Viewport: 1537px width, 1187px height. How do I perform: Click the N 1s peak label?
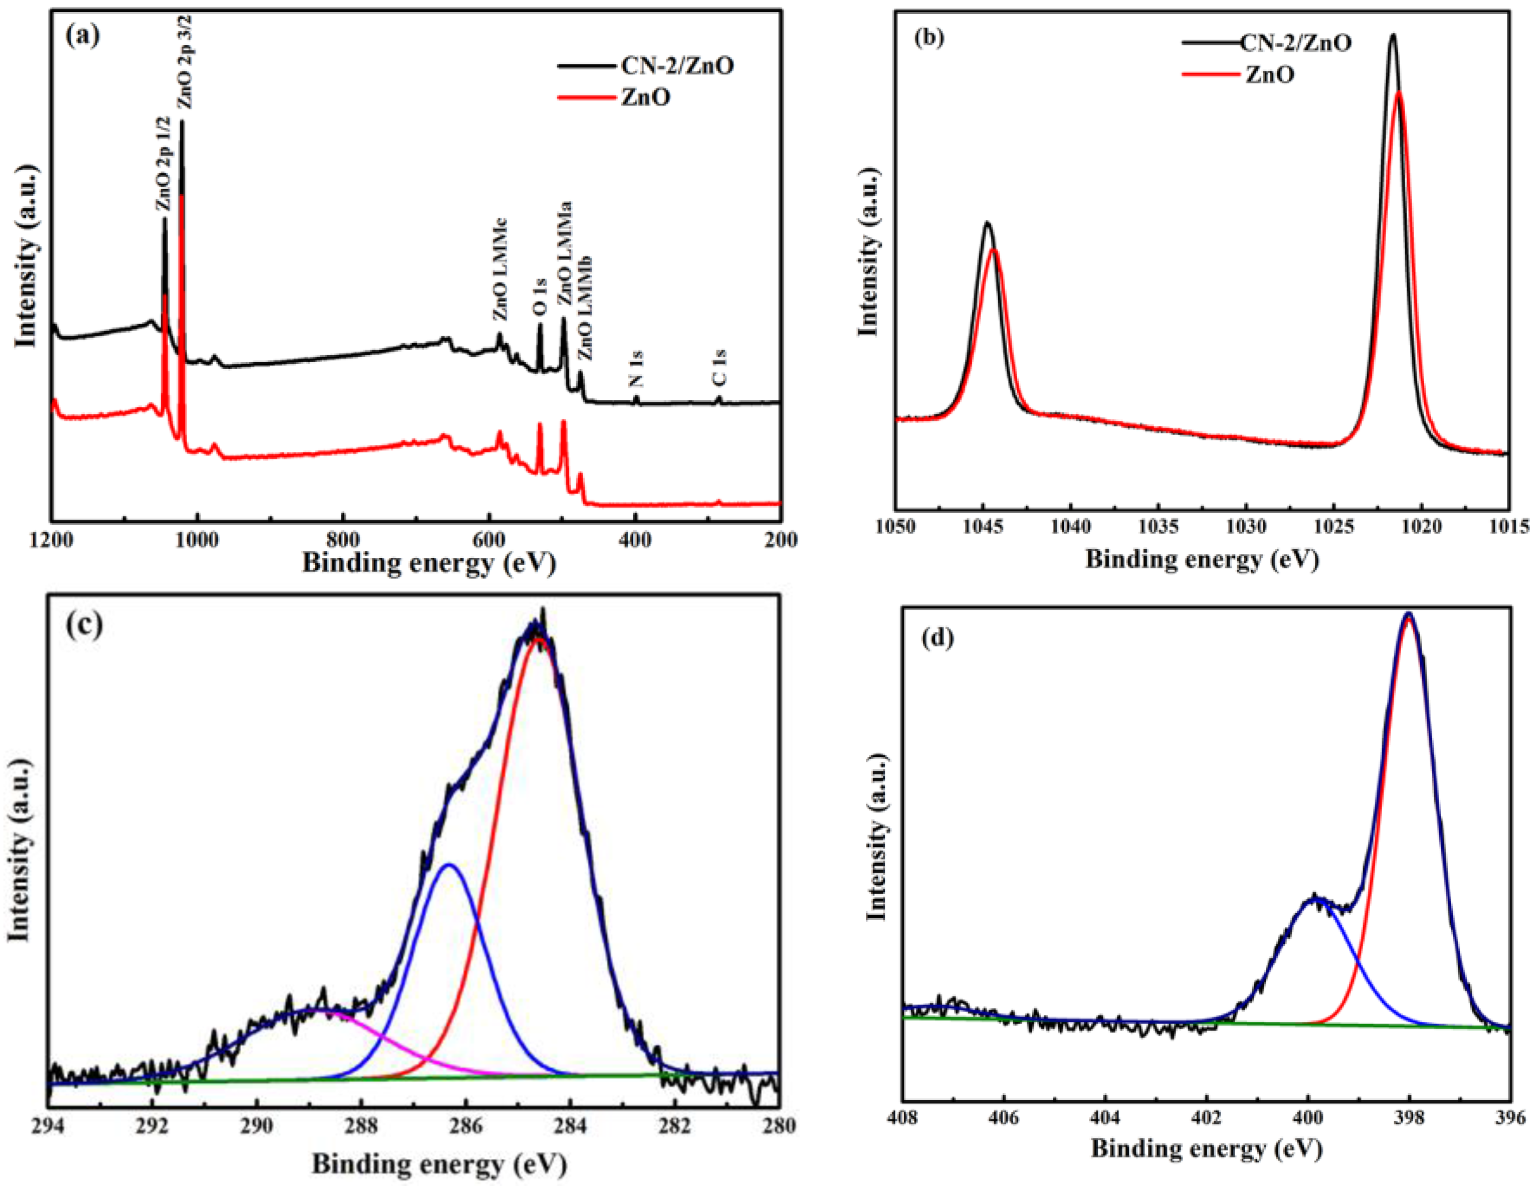[x=636, y=368]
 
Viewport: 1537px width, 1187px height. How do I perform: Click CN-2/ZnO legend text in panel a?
[x=677, y=66]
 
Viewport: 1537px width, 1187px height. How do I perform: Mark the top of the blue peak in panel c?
[x=449, y=865]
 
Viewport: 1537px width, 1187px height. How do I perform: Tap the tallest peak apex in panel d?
[x=1408, y=614]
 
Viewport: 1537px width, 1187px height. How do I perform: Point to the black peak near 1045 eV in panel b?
[x=987, y=223]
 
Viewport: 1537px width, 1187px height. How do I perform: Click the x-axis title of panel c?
[x=439, y=1165]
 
